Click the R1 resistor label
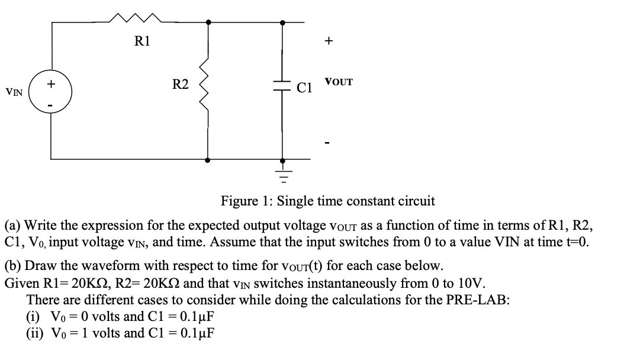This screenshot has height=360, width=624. [142, 41]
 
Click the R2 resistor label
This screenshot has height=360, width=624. [180, 85]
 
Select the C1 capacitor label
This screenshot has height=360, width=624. [305, 89]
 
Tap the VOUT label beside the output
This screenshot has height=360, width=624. [338, 82]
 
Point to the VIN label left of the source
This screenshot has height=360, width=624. [14, 92]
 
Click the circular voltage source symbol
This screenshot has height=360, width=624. [51, 92]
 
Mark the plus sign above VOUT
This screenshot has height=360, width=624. [329, 41]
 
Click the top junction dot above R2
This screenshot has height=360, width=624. [207, 22]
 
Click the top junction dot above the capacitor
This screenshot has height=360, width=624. [283, 22]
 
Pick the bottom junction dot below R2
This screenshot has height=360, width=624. [207, 160]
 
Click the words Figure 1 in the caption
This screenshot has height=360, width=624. [245, 201]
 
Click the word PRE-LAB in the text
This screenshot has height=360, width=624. [479, 299]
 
